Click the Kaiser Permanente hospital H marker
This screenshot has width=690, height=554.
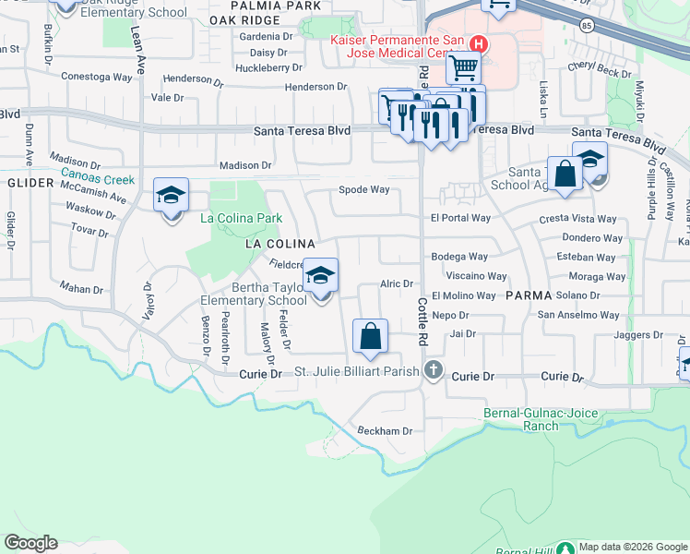479,43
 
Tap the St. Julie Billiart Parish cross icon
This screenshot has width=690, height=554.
434,372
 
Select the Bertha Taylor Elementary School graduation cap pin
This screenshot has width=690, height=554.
321,277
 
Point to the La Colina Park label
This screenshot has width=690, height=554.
241,219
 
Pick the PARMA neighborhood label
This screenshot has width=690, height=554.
529,295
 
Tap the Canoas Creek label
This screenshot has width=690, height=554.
98,180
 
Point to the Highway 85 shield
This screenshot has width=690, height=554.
587,26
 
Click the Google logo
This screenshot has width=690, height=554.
30,543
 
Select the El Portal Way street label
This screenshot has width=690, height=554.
460,218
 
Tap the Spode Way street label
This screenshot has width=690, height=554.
367,190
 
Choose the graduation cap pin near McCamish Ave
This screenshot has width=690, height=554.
171,197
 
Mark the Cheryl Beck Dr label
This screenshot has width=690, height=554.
600,67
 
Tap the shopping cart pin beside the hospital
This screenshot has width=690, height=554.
463,67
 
